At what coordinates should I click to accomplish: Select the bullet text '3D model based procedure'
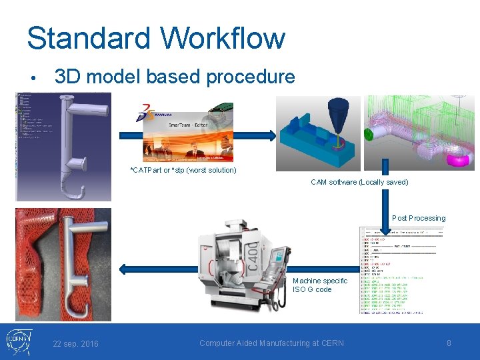point(175,77)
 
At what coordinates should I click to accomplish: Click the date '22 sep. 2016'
point(75,343)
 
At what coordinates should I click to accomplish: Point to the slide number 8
point(449,343)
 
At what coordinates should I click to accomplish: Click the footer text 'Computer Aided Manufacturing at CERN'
point(271,343)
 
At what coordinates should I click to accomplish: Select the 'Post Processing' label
point(419,218)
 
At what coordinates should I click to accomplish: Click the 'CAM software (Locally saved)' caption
point(359,182)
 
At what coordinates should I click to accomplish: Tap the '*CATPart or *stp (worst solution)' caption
point(183,170)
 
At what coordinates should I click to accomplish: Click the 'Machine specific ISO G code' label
point(320,285)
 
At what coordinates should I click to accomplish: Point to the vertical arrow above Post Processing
point(385,200)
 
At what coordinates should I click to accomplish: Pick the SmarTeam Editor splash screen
point(189,137)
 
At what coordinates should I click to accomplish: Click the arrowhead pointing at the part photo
point(123,269)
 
